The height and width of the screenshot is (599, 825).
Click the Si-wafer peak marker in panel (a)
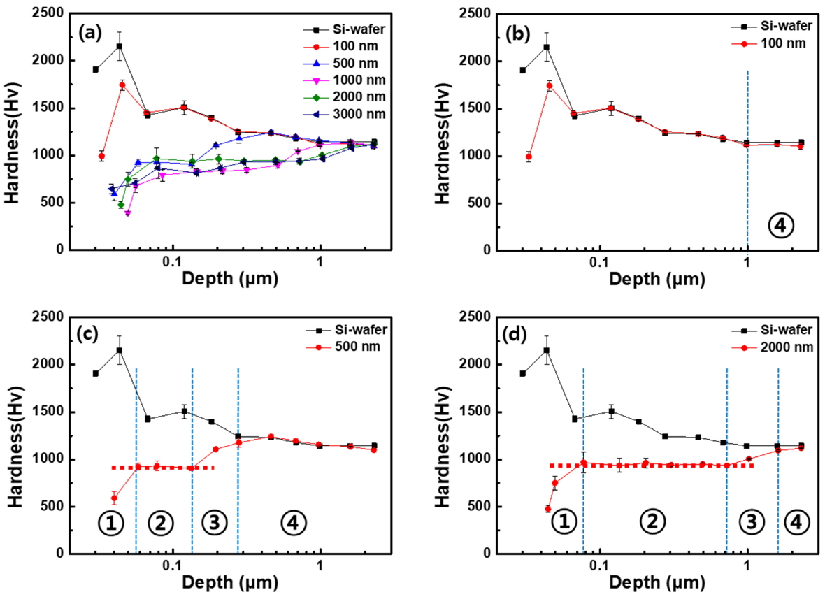click(x=120, y=46)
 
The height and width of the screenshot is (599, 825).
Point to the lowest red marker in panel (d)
click(x=548, y=509)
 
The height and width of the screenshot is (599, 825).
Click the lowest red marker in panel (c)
click(x=113, y=498)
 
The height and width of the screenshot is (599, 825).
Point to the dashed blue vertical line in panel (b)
click(x=747, y=175)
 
